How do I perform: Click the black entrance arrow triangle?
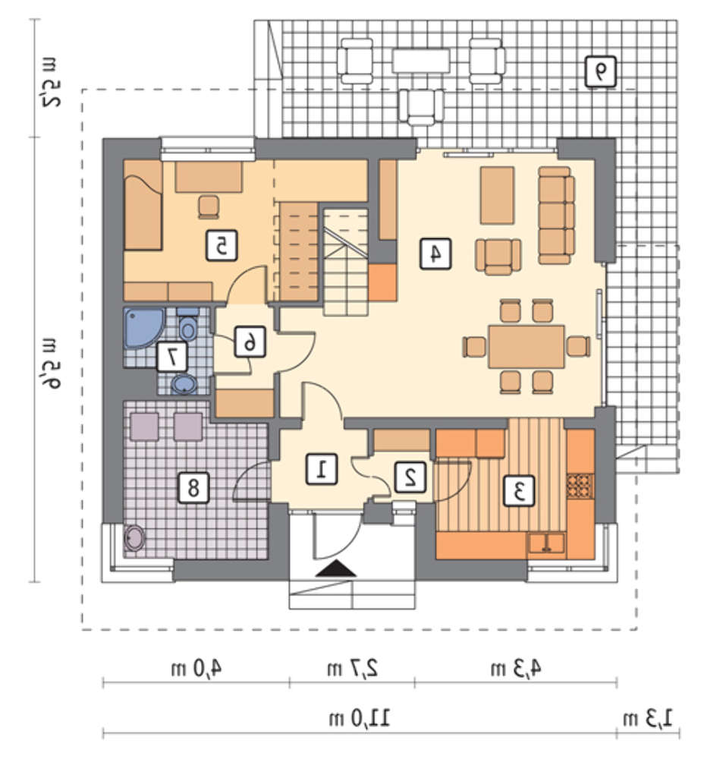336,568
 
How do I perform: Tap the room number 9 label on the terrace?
601,72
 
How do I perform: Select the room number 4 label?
435,254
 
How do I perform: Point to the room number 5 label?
222,246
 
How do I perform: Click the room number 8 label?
193,488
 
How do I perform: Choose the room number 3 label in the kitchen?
519,491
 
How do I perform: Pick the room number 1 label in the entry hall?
321,469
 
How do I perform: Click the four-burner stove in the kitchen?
580,484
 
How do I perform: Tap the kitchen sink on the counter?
547,543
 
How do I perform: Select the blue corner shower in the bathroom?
143,328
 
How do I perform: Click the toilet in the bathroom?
187,323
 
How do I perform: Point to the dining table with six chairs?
526,347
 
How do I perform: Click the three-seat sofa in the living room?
556,216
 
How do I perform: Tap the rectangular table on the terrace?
420,61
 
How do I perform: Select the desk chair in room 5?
208,206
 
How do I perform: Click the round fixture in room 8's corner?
134,538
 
